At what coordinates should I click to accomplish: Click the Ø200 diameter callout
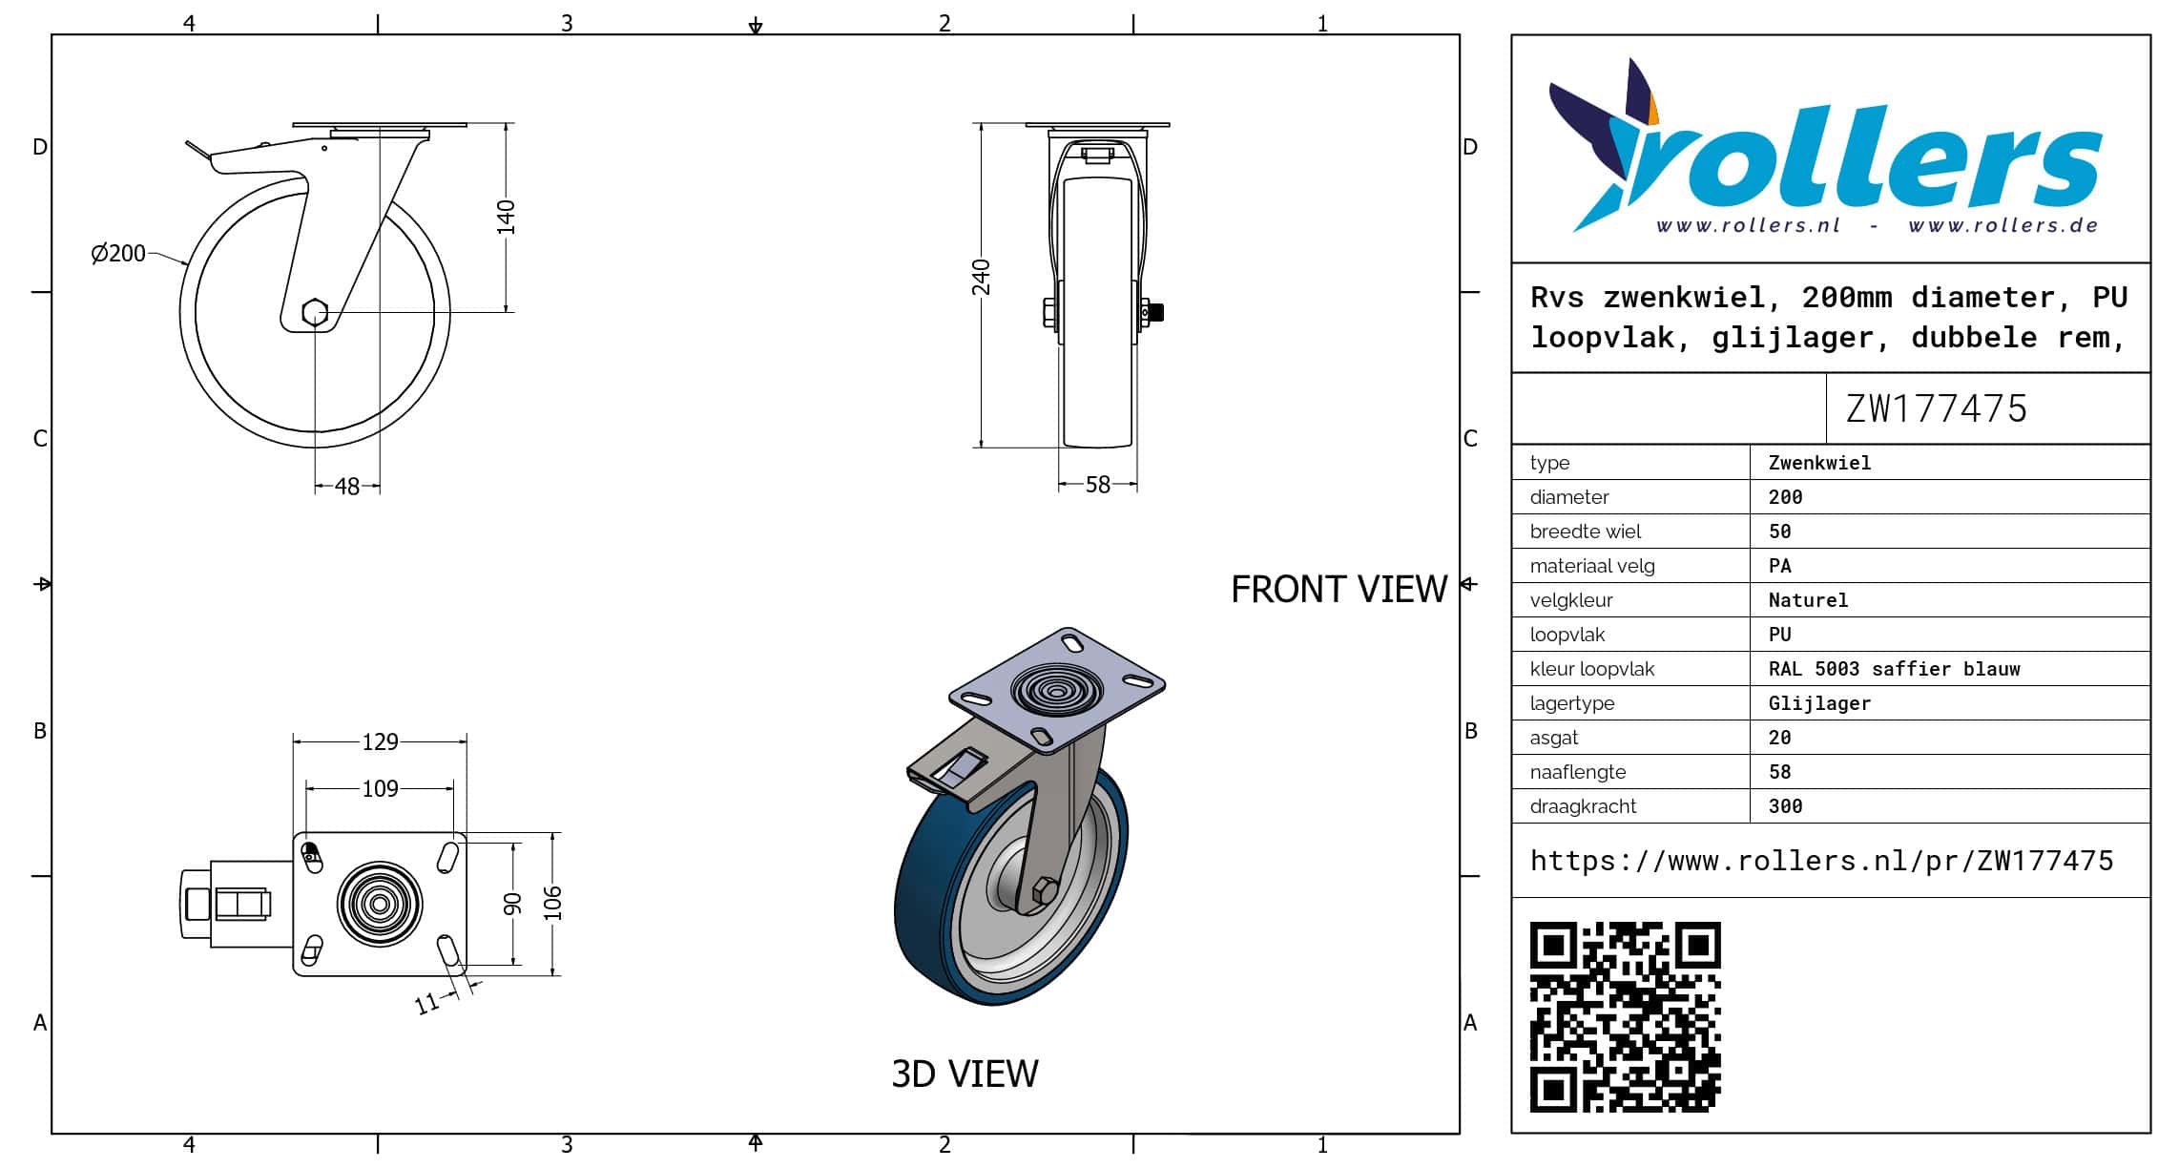tap(118, 253)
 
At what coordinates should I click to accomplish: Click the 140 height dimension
tap(506, 218)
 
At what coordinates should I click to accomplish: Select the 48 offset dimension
tap(347, 487)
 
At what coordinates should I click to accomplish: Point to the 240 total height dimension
tap(982, 278)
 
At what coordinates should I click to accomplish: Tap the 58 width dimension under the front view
tap(1098, 485)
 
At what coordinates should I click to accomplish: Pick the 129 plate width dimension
tap(380, 741)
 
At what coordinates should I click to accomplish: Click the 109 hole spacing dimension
tap(380, 788)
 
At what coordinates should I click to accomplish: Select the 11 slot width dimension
tap(426, 1003)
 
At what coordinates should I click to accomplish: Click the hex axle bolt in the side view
tap(315, 312)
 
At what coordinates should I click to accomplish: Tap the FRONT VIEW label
tap(1339, 590)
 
